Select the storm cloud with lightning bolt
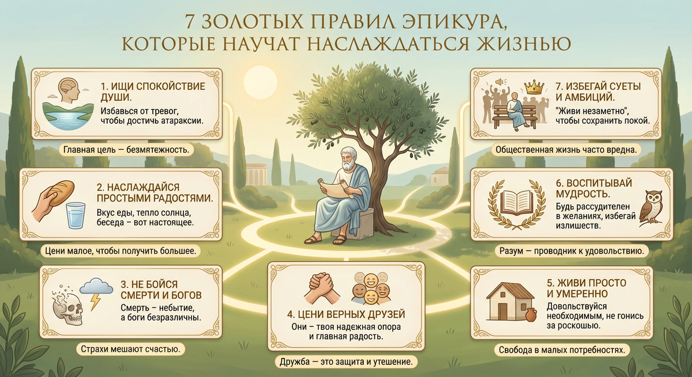click(x=95, y=290)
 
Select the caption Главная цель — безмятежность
click(x=126, y=150)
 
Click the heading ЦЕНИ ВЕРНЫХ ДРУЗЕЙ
click(x=346, y=314)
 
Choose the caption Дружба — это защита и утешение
click(x=346, y=363)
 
